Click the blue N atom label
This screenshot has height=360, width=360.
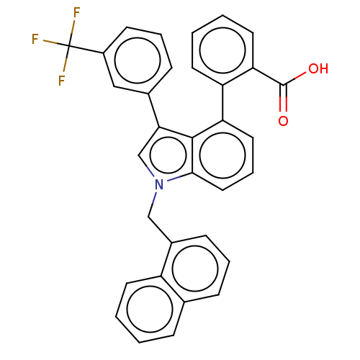159,184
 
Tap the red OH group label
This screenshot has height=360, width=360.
318,69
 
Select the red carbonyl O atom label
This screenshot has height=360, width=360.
283,121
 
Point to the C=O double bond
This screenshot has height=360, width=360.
283,98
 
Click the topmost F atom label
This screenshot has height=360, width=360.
76,12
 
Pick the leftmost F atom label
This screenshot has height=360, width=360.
35,39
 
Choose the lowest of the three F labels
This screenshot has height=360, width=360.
62,81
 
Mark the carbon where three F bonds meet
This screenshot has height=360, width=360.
69,45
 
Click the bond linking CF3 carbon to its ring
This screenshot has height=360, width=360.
86,49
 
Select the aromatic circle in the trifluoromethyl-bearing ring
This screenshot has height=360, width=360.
138,37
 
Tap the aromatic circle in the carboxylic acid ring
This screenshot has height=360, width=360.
222,27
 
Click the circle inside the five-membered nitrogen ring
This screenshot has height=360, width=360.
168,138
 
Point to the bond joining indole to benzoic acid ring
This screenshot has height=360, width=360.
222,103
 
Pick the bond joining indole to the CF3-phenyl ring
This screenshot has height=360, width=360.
153,110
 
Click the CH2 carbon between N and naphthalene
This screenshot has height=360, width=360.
148,217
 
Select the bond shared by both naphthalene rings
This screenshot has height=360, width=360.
172,289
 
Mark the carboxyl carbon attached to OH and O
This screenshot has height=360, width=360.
283,85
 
